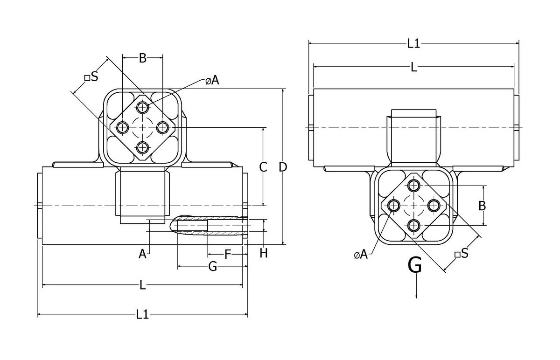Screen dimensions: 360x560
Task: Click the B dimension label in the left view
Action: coord(143,58)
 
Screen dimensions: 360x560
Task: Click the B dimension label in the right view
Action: coord(483,205)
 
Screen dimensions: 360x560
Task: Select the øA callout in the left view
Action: coord(212,81)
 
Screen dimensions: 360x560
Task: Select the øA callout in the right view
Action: coord(361,255)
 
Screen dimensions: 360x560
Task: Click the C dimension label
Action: coord(263,166)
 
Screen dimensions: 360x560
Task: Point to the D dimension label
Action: coord(283,166)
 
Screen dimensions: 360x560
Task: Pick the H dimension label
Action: coord(264,253)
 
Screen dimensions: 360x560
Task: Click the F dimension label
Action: coord(228,254)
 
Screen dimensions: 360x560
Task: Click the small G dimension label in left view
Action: coord(212,267)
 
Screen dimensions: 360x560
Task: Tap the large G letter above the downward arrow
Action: coord(415,266)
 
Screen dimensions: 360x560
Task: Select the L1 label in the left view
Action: coord(142,315)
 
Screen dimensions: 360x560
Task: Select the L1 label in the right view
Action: coord(413,44)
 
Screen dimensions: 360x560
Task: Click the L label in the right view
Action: coord(413,68)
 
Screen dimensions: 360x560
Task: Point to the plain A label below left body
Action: coord(143,255)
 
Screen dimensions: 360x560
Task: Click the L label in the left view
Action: coord(143,284)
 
